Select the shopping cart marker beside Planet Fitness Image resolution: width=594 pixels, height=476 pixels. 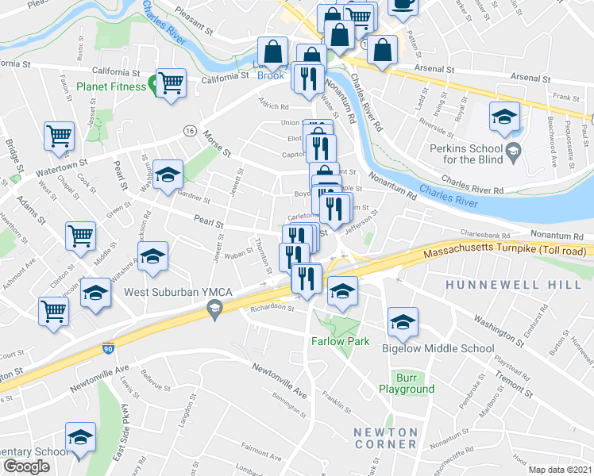pyautogui.click(x=172, y=83)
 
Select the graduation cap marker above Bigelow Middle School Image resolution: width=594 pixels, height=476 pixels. pyautogui.click(x=403, y=321)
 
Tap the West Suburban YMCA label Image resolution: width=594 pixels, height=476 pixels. pyautogui.click(x=178, y=293)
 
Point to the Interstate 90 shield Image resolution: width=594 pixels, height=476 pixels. pyautogui.click(x=109, y=347)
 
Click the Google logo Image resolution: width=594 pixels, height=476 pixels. pyautogui.click(x=26, y=466)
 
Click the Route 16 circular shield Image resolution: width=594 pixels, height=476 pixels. pyautogui.click(x=189, y=130)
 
